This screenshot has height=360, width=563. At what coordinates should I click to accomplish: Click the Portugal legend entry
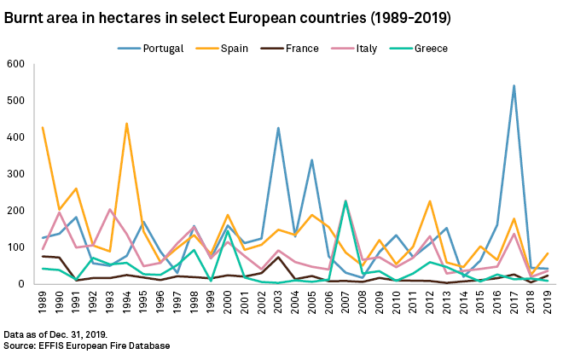(x=163, y=49)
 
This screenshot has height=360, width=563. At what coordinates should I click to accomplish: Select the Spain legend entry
(x=234, y=49)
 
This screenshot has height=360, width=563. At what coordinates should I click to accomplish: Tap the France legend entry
(x=301, y=49)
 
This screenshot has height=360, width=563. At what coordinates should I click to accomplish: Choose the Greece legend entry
(x=430, y=49)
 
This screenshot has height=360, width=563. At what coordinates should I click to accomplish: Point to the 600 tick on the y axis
(x=15, y=64)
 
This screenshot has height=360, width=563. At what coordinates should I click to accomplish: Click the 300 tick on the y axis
(x=15, y=174)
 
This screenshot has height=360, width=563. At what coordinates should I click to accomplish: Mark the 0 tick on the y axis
(x=22, y=284)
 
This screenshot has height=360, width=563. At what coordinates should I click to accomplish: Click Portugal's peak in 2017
(x=514, y=85)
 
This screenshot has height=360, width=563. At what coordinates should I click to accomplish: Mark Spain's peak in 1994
(x=126, y=124)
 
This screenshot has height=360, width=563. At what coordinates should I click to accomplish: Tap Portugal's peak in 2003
(x=278, y=128)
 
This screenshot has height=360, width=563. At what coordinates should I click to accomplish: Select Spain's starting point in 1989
(x=43, y=128)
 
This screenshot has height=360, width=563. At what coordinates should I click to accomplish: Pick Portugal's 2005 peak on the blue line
(x=311, y=160)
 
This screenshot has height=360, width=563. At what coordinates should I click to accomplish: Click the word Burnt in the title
(x=24, y=17)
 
